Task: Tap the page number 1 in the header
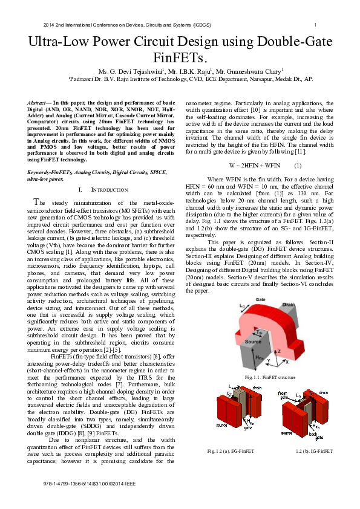point(315,25)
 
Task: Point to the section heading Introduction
point(110,190)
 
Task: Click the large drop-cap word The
point(39,203)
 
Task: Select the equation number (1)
point(298,166)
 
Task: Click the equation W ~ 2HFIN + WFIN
point(254,166)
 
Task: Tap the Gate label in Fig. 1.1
point(260,299)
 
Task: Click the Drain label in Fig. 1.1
point(288,305)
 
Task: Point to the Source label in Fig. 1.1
point(253,342)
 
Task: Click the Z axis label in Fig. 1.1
point(279,351)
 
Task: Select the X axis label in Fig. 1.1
point(287,361)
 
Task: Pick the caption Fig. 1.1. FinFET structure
point(270,378)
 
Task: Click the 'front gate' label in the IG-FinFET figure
point(283,395)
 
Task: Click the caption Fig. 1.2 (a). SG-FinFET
point(231,451)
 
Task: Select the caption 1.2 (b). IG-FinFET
point(314,451)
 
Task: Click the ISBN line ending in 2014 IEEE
point(90,484)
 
